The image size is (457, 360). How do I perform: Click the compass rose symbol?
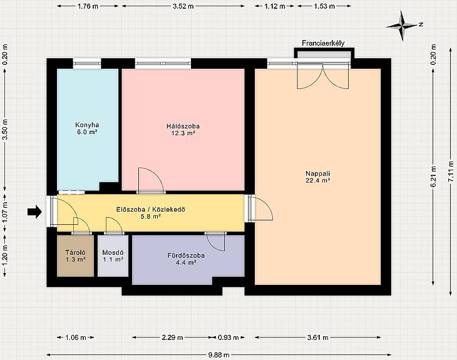(x=403, y=26)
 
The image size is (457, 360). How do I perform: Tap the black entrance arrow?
(x=34, y=212)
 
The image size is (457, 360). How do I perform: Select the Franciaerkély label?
(x=323, y=43)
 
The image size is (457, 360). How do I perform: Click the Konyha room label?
(x=87, y=125)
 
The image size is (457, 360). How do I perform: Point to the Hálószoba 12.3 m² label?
(x=183, y=130)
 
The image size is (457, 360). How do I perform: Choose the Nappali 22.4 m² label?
(x=317, y=177)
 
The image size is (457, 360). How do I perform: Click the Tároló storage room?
(x=75, y=255)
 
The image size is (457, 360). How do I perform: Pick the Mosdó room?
(x=113, y=255)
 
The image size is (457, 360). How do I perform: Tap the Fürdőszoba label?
(x=186, y=255)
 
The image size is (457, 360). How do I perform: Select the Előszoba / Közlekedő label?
(x=151, y=210)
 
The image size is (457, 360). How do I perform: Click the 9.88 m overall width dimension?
(x=218, y=355)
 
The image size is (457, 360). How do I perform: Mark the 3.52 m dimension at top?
(x=183, y=6)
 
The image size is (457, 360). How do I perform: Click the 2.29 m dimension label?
(x=172, y=337)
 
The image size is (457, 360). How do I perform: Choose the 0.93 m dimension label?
(x=228, y=337)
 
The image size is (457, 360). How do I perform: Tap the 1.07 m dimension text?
(x=5, y=212)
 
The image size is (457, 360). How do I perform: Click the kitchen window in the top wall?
(x=87, y=63)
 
